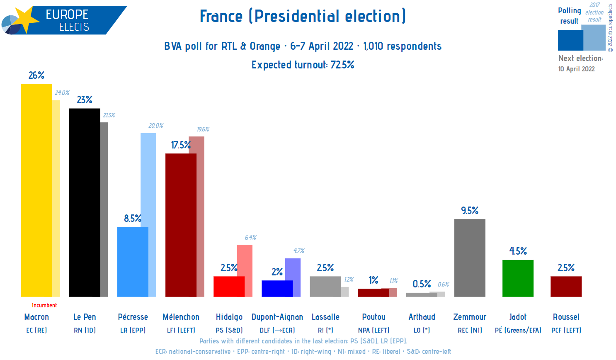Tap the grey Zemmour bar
(470, 258)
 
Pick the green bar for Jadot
(518, 278)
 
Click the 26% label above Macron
(36, 75)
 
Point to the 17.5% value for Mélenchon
(181, 145)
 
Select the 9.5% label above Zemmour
(470, 210)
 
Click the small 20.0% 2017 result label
(156, 126)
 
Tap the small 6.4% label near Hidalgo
(250, 238)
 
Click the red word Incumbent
(44, 305)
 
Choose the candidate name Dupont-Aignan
(277, 317)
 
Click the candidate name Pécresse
(133, 317)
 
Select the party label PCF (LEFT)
(566, 330)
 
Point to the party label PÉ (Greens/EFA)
(518, 330)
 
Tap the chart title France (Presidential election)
(303, 16)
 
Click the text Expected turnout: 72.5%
(303, 65)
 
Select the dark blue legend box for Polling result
(570, 40)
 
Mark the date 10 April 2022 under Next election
(576, 69)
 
